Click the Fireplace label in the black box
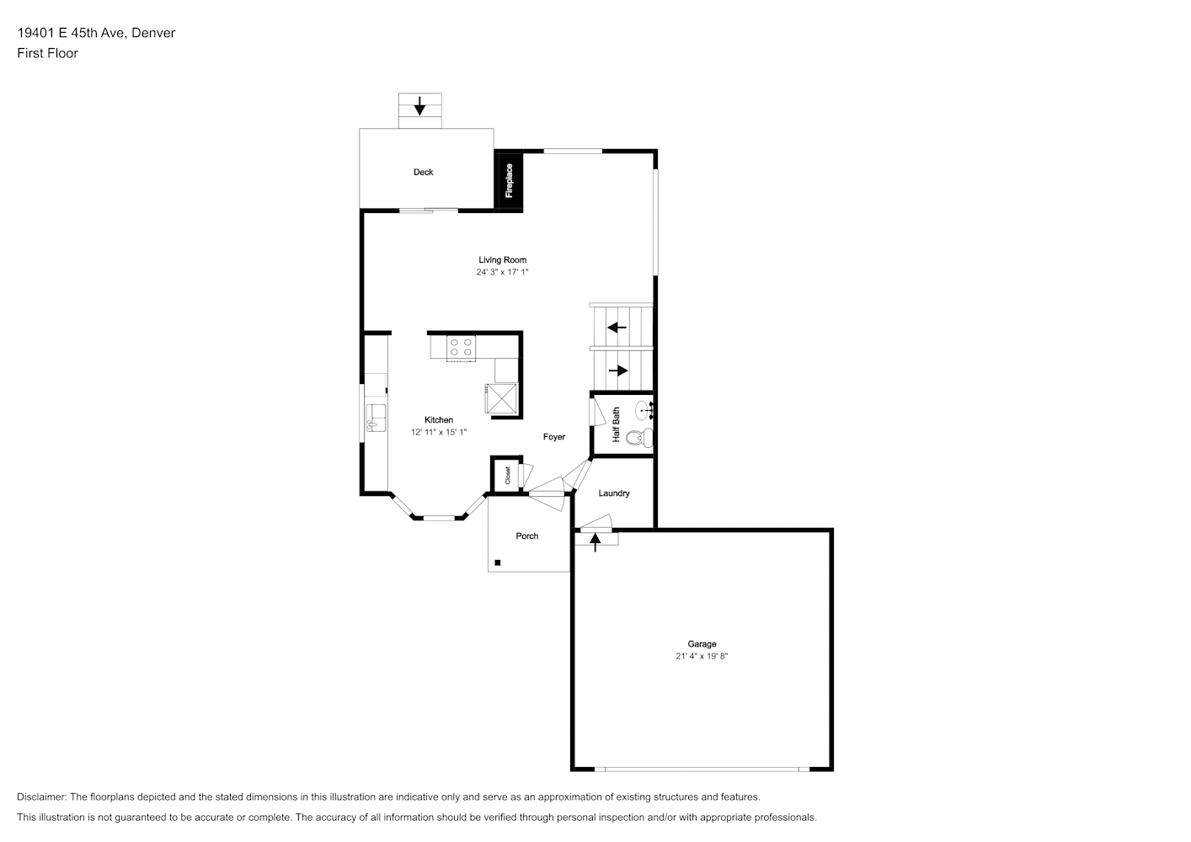click(x=509, y=181)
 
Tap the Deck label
click(x=423, y=173)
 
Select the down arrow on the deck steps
click(x=419, y=106)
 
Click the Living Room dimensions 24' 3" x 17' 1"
click(x=503, y=272)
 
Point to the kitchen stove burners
click(x=461, y=348)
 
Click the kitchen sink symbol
click(x=376, y=418)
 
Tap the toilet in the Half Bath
click(x=639, y=438)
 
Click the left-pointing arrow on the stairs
click(x=617, y=328)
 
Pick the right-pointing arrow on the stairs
click(x=618, y=370)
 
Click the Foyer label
click(x=554, y=437)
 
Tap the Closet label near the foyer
click(x=508, y=475)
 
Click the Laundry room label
click(x=614, y=493)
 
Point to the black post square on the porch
click(x=498, y=562)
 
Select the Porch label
click(x=527, y=536)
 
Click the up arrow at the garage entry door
click(x=595, y=542)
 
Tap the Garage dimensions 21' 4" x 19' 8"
click(x=702, y=657)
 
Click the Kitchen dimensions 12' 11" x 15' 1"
click(x=439, y=432)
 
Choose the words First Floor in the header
click(x=47, y=53)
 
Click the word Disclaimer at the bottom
click(x=42, y=797)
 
